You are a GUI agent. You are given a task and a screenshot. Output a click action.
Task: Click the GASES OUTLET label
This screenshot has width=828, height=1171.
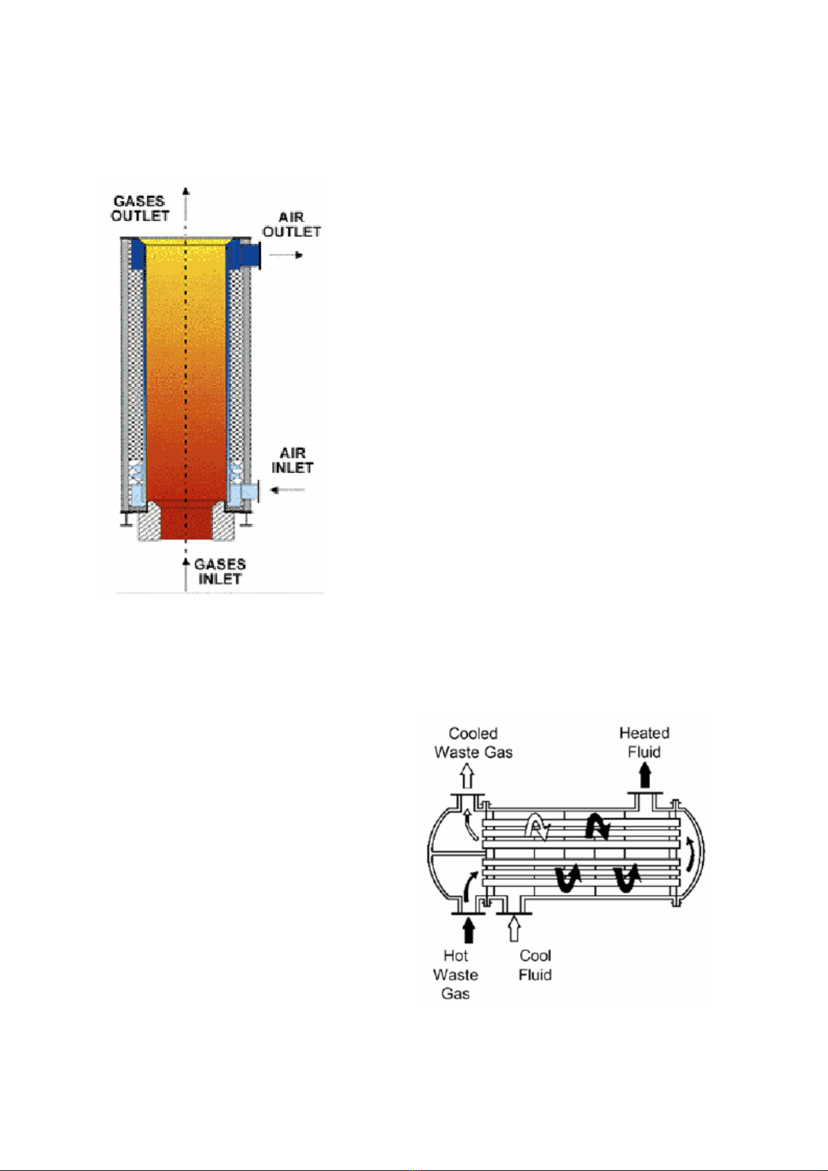[x=140, y=208]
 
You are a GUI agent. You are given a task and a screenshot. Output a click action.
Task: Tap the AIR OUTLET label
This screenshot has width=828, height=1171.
[x=291, y=224]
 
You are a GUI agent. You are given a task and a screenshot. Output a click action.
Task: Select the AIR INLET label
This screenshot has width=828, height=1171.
[x=292, y=460]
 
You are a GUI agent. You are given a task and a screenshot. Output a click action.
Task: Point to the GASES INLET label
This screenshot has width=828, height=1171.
[x=220, y=572]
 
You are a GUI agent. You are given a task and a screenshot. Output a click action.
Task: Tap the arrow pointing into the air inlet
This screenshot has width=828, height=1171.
[x=287, y=490]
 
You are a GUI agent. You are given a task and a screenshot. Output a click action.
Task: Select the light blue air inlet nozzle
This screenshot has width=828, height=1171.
[x=250, y=492]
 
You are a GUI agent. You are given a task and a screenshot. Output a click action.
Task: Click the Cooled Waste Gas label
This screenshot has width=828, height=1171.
[x=473, y=743]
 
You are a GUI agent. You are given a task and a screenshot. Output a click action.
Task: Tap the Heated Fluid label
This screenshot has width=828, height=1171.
[x=644, y=742]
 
